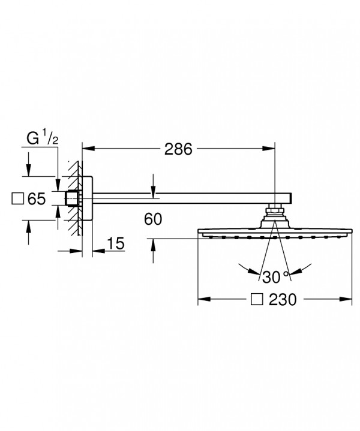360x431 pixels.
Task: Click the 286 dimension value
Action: [x=178, y=149]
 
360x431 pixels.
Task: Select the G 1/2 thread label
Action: [x=43, y=138]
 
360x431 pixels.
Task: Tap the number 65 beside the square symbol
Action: [x=37, y=199]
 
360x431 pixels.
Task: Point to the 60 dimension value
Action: [x=153, y=219]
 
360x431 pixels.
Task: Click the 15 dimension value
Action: [x=116, y=243]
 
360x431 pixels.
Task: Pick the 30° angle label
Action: [x=275, y=277]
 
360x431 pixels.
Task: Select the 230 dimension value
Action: [x=283, y=299]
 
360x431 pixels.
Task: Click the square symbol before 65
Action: [x=17, y=198]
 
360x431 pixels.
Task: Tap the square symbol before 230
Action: [x=257, y=299]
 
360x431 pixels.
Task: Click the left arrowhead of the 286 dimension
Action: [x=88, y=149]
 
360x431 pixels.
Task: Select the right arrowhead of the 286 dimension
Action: [x=269, y=149]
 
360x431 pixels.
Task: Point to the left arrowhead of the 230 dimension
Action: [x=204, y=299]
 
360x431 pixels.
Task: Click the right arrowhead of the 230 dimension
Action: [x=346, y=299]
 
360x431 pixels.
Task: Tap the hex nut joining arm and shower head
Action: [x=275, y=211]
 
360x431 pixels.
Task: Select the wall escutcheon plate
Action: [x=88, y=198]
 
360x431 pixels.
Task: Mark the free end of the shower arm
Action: [x=291, y=198]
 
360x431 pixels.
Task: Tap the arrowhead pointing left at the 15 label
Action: [x=98, y=251]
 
